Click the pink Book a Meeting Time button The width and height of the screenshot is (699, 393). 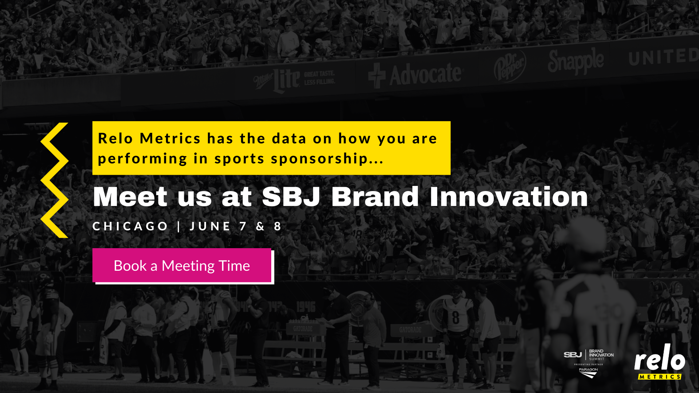click(x=182, y=265)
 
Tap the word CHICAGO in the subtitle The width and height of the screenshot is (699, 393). click(x=130, y=226)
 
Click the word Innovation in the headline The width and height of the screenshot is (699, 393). click(x=509, y=197)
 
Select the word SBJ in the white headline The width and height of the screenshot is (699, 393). click(x=291, y=197)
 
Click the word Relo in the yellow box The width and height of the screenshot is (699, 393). click(x=115, y=139)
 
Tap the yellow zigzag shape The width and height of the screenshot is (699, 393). click(x=55, y=180)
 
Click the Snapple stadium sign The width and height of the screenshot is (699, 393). click(x=576, y=61)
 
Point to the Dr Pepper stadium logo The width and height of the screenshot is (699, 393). click(x=510, y=65)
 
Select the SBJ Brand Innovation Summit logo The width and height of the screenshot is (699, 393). click(x=588, y=355)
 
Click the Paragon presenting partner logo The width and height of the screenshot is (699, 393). click(x=588, y=372)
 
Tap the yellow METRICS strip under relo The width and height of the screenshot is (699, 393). click(x=659, y=377)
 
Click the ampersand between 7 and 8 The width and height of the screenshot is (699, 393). click(x=260, y=226)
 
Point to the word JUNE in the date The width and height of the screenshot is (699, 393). click(x=210, y=226)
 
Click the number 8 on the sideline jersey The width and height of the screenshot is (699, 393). click(x=455, y=317)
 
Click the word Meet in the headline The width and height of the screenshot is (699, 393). click(x=130, y=197)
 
